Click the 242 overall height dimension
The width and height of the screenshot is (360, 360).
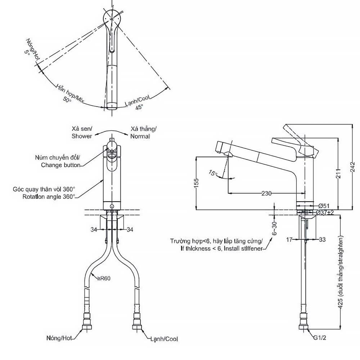click(x=353, y=167)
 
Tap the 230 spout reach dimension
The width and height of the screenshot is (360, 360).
click(x=266, y=193)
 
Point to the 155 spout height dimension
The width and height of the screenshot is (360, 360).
click(x=196, y=183)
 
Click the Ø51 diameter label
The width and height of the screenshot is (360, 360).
click(x=324, y=206)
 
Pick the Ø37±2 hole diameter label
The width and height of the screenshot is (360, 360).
click(x=325, y=212)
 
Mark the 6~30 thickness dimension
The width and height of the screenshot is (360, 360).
click(x=274, y=228)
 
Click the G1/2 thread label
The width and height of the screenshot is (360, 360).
click(x=320, y=338)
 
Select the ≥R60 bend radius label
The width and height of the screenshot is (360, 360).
click(x=104, y=278)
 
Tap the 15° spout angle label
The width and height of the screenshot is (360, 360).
click(x=213, y=173)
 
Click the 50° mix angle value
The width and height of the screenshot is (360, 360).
click(x=67, y=100)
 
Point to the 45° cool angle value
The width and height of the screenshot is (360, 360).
click(x=139, y=107)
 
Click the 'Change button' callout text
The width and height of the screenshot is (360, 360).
click(x=60, y=165)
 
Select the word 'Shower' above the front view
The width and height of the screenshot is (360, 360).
click(x=81, y=136)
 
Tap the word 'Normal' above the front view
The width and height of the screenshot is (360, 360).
click(x=140, y=136)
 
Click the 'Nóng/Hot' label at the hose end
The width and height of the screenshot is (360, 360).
click(x=59, y=338)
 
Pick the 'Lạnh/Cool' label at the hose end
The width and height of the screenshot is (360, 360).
click(x=164, y=339)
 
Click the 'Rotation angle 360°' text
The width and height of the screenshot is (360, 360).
click(x=49, y=197)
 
